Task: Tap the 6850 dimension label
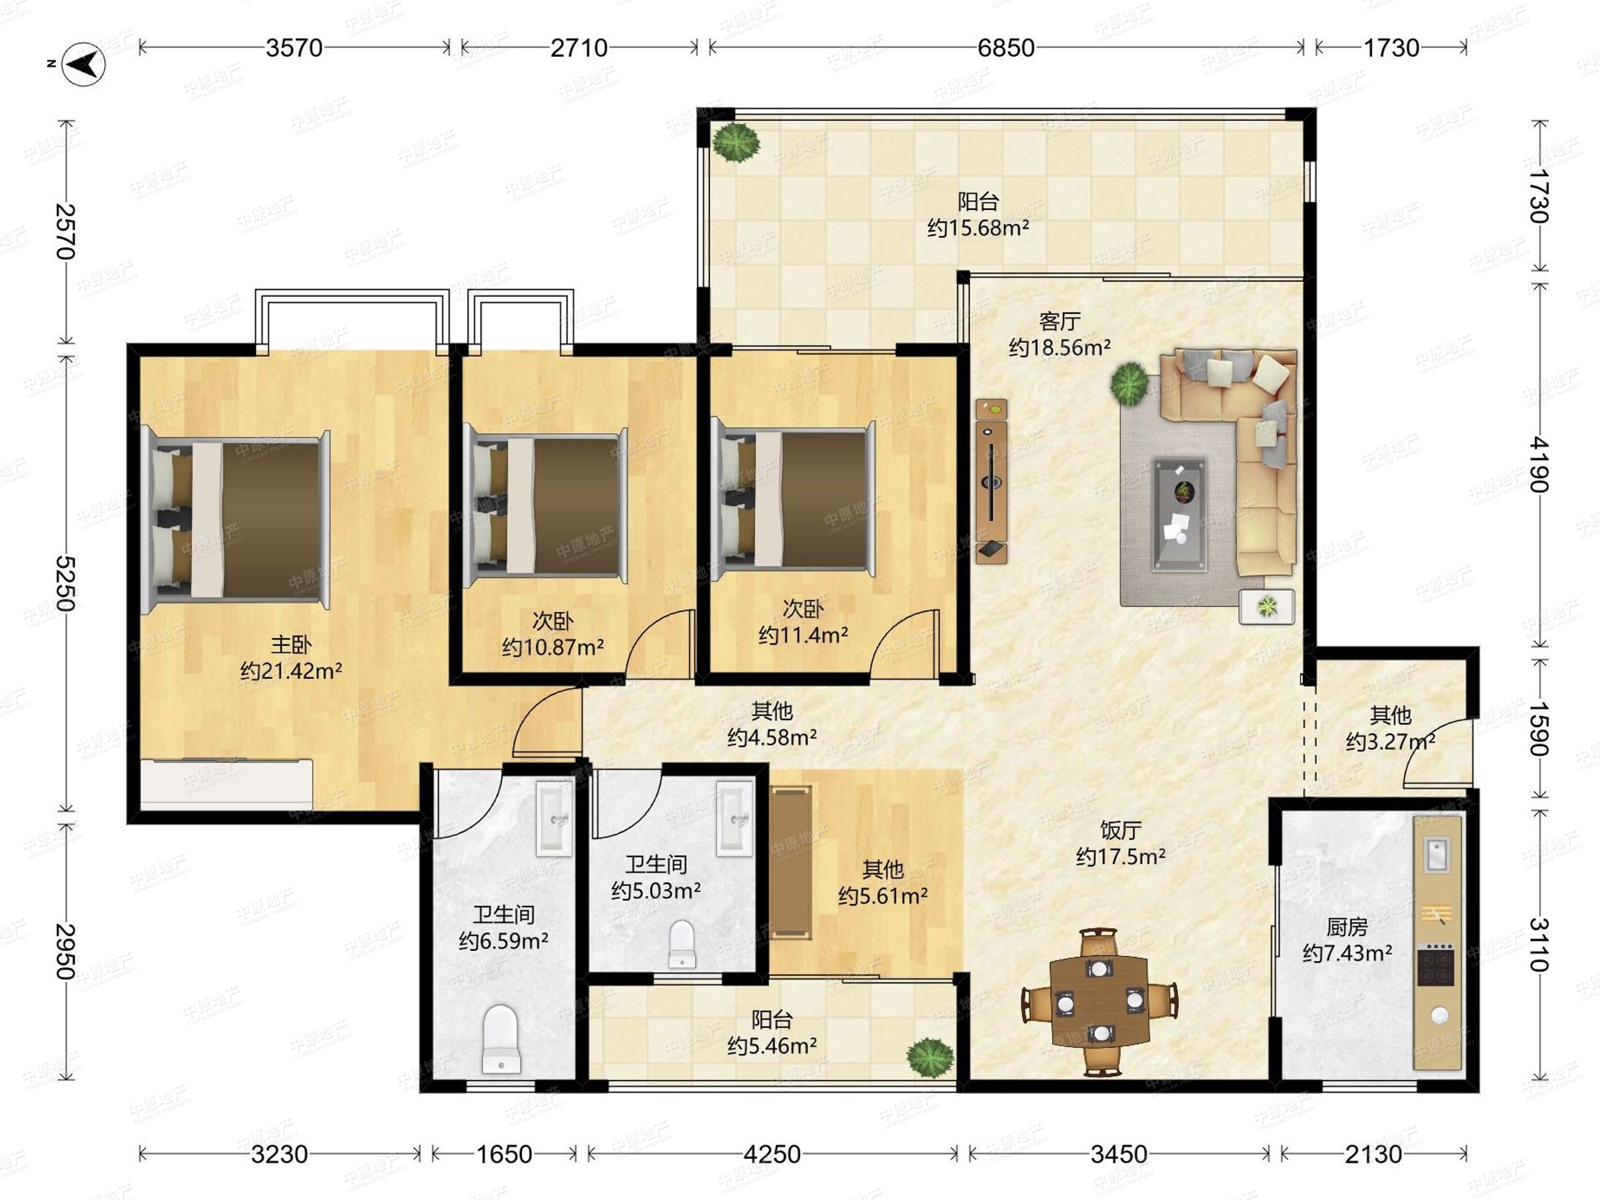click(x=1005, y=48)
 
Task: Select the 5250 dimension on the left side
click(x=66, y=584)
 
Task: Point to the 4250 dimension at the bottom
click(x=772, y=1154)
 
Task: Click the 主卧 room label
click(x=291, y=644)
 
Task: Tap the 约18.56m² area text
click(x=1060, y=347)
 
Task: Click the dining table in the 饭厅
click(x=1099, y=1002)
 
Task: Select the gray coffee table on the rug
click(x=1179, y=513)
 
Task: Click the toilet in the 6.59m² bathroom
click(x=501, y=1039)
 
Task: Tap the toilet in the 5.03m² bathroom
click(x=681, y=943)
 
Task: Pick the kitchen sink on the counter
click(x=1437, y=854)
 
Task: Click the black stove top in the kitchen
click(x=1436, y=964)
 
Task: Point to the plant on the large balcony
click(x=737, y=143)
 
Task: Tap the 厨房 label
click(x=1347, y=927)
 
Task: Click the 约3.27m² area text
click(x=1390, y=741)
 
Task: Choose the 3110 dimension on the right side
click(x=1539, y=944)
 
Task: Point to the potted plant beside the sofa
click(x=1129, y=384)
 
